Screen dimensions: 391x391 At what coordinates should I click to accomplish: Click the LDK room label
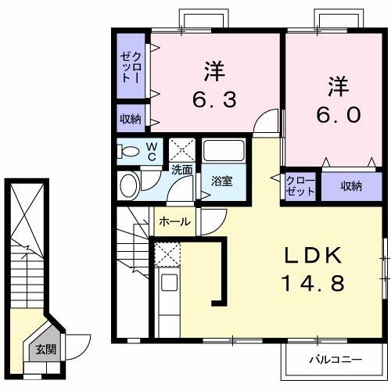click(x=313, y=256)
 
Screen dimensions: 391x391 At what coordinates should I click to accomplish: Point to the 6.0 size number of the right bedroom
click(x=338, y=114)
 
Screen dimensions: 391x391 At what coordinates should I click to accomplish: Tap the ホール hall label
click(x=174, y=222)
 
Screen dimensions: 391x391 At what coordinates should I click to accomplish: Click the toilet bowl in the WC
click(x=131, y=151)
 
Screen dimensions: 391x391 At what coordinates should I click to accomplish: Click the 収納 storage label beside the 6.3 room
click(x=131, y=119)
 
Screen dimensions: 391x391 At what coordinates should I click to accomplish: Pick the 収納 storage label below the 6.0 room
click(x=351, y=186)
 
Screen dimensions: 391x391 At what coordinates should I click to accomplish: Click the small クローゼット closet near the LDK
click(x=300, y=186)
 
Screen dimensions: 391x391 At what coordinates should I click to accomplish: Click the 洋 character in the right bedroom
click(x=338, y=84)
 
